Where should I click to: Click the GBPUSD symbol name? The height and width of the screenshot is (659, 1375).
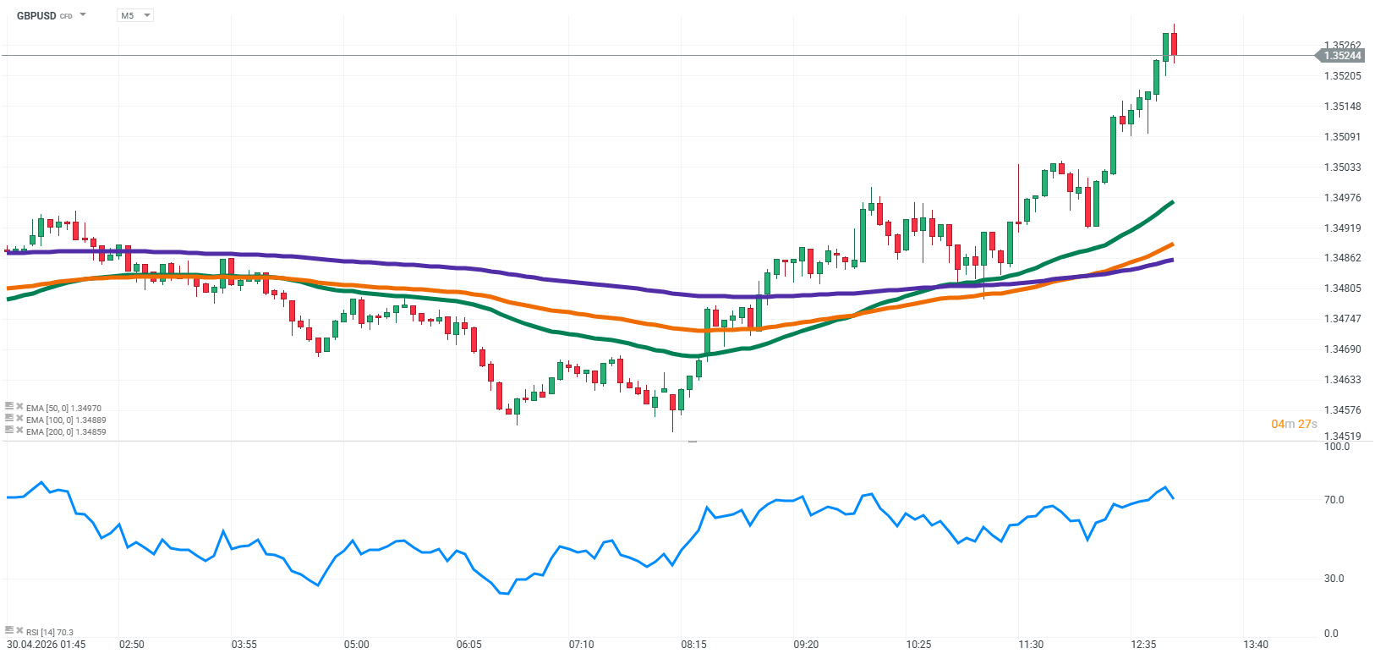(36, 15)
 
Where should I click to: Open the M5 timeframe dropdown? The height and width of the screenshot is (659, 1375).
(134, 15)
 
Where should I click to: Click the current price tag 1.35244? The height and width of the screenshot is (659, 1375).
(1342, 56)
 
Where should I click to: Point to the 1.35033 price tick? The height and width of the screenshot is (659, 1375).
(1342, 167)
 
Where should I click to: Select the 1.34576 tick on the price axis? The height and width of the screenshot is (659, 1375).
(1342, 410)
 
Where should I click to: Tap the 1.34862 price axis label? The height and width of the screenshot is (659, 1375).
(1342, 258)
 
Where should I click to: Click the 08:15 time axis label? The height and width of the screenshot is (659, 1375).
(693, 645)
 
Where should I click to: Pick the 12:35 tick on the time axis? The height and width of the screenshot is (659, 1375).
(1143, 645)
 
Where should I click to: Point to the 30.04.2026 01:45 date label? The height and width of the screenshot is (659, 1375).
(46, 645)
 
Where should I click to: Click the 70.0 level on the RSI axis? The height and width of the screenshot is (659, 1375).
(1334, 500)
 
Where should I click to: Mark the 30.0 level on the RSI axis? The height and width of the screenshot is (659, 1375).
(1334, 579)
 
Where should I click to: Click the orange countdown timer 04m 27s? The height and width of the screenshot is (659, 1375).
(1294, 424)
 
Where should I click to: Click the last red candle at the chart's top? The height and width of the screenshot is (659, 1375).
(1174, 44)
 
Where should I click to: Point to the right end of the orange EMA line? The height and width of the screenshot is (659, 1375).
(1171, 244)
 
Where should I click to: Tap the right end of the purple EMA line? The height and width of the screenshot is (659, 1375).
(1171, 261)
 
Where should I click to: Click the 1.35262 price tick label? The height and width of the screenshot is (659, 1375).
(1342, 46)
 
